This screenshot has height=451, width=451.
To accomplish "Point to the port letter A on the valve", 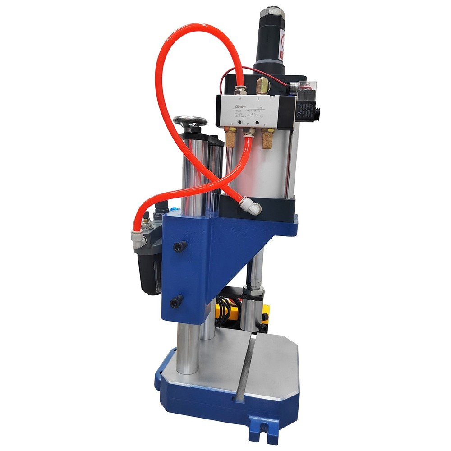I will tap(239, 98).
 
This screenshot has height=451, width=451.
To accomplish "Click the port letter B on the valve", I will tap(258, 98).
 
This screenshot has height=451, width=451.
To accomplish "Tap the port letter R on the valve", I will tap(231, 122).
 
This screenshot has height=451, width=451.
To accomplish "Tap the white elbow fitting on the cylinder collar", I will tap(251, 207).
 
